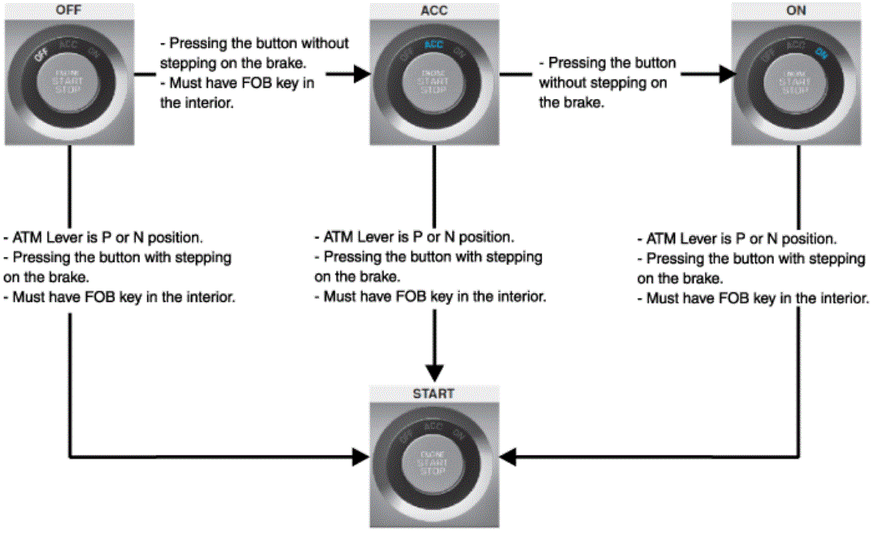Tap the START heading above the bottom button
point(433,394)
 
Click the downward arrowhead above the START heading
point(433,373)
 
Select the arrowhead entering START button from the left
point(360,458)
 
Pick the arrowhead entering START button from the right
point(507,458)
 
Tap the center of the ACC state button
point(433,81)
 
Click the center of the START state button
point(433,462)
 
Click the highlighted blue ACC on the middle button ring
point(434,47)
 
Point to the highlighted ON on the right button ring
point(821,53)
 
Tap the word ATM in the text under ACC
point(337,238)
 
